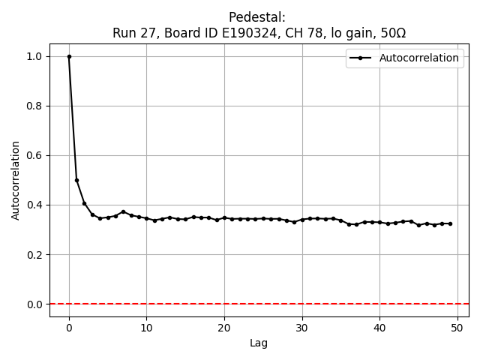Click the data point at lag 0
pyautogui.click(x=69, y=56)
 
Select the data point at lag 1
pyautogui.click(x=76, y=180)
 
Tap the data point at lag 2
pyautogui.click(x=85, y=203)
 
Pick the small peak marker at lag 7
pyautogui.click(x=123, y=211)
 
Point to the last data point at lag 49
pyautogui.click(x=449, y=223)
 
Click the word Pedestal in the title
pyautogui.click(x=257, y=17)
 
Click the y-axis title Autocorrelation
pyautogui.click(x=16, y=180)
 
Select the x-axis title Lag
pyautogui.click(x=259, y=343)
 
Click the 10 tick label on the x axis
pyautogui.click(x=146, y=328)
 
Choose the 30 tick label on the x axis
pyautogui.click(x=301, y=328)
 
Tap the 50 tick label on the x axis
pyautogui.click(x=457, y=328)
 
